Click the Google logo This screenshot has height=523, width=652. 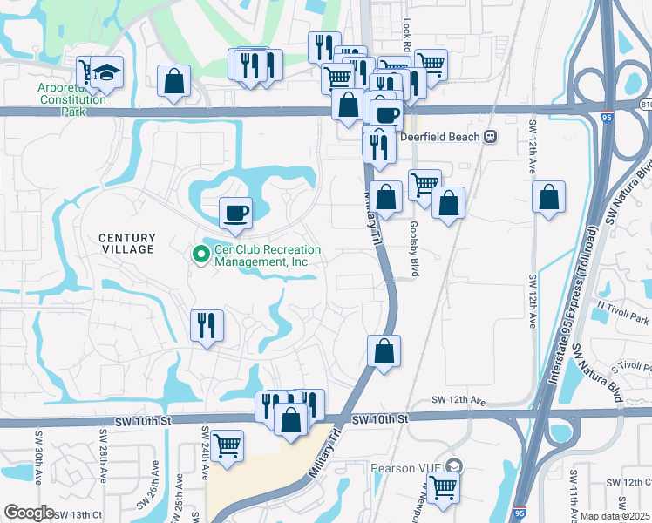pos(29,512)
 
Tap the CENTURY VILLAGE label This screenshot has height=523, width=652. pos(126,243)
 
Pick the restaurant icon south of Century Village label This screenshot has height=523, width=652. pos(207,326)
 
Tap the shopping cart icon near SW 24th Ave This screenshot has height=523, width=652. pos(227,445)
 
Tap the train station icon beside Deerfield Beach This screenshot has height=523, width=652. pos(491,136)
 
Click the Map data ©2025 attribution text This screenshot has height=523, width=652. pos(615,516)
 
